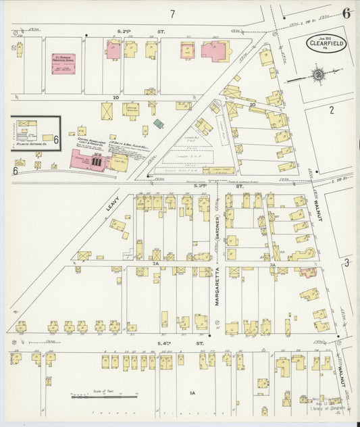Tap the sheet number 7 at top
(172, 14)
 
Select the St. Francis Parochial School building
(63, 64)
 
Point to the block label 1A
(192, 393)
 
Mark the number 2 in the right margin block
(332, 110)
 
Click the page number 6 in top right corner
(346, 12)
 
